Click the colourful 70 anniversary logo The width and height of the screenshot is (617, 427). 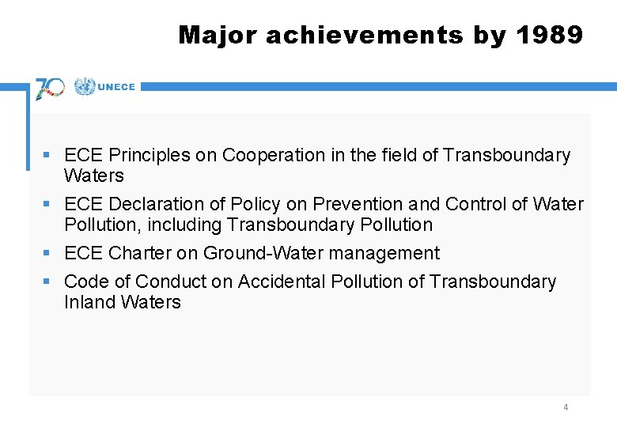tap(50, 88)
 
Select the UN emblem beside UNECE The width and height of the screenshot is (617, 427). tap(84, 87)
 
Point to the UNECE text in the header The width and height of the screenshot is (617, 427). tap(116, 88)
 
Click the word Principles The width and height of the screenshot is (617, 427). tap(149, 155)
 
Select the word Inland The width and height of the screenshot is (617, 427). tap(89, 302)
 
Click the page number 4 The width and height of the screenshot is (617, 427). tap(566, 407)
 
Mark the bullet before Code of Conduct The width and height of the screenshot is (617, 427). tap(48, 282)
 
